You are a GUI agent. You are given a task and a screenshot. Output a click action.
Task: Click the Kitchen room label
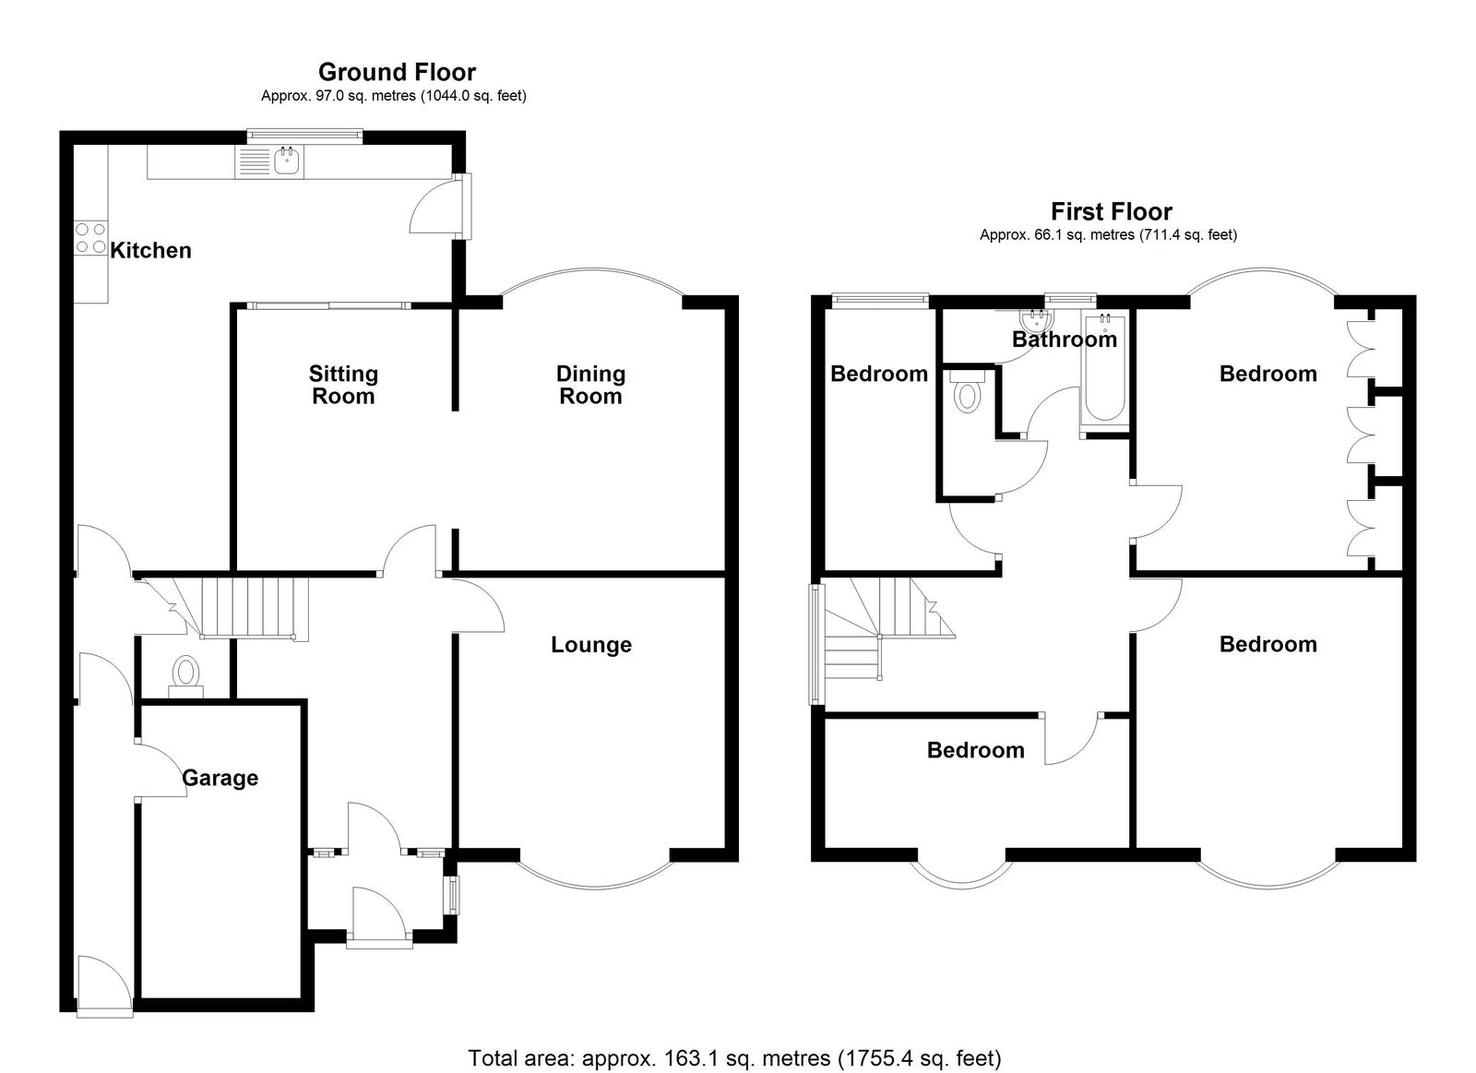coord(150,250)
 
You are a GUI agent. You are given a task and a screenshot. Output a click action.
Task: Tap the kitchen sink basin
coord(287,161)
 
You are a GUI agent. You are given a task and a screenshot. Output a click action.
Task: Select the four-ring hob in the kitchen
coord(91,238)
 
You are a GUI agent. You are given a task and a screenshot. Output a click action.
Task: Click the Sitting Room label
coord(343,385)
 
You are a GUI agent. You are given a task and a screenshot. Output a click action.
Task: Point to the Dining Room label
coord(590,385)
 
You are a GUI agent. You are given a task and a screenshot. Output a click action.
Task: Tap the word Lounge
coord(591,645)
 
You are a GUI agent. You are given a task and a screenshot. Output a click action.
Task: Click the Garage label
coord(220,778)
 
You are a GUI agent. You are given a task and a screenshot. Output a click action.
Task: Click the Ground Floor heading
coord(397,72)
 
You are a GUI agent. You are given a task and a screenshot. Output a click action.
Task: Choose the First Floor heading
coord(1111,211)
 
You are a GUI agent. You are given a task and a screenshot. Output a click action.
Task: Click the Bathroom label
coord(1065,340)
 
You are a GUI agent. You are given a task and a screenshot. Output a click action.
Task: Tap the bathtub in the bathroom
coord(1104,367)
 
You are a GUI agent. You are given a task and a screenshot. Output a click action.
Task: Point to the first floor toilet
coord(967,392)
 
